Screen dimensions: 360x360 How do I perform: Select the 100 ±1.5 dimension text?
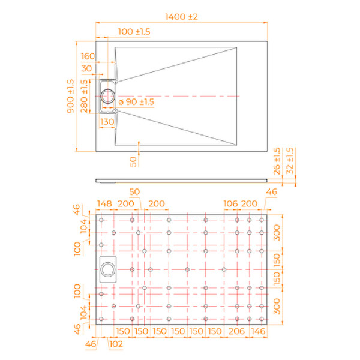[134, 31]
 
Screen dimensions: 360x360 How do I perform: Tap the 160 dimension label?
[88, 56]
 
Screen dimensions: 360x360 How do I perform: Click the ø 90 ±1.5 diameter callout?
[136, 102]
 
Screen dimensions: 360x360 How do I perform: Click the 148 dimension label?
[105, 204]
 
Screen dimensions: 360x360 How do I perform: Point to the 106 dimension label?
[230, 204]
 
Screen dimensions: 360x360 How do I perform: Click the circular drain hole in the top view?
[109, 96]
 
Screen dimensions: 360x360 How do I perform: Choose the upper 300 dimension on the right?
[277, 233]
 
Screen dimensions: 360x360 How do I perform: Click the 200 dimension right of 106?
[250, 204]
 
